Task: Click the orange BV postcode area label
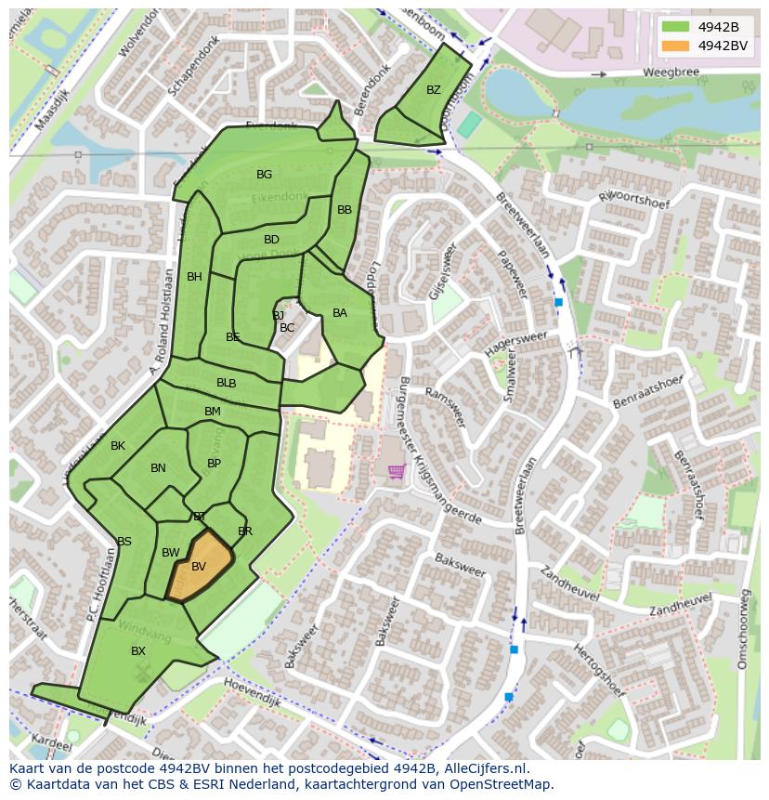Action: click(199, 567)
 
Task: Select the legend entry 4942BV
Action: click(722, 46)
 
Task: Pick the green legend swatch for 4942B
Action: click(675, 27)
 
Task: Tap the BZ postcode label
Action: click(434, 90)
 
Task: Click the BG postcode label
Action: click(265, 175)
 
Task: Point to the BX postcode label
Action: click(138, 651)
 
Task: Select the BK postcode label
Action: click(118, 446)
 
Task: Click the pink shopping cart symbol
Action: click(397, 472)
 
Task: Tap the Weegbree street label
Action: click(669, 72)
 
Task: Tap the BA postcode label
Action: click(340, 313)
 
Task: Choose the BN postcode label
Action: click(158, 468)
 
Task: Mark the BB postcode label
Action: click(345, 210)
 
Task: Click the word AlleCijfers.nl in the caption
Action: click(483, 768)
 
